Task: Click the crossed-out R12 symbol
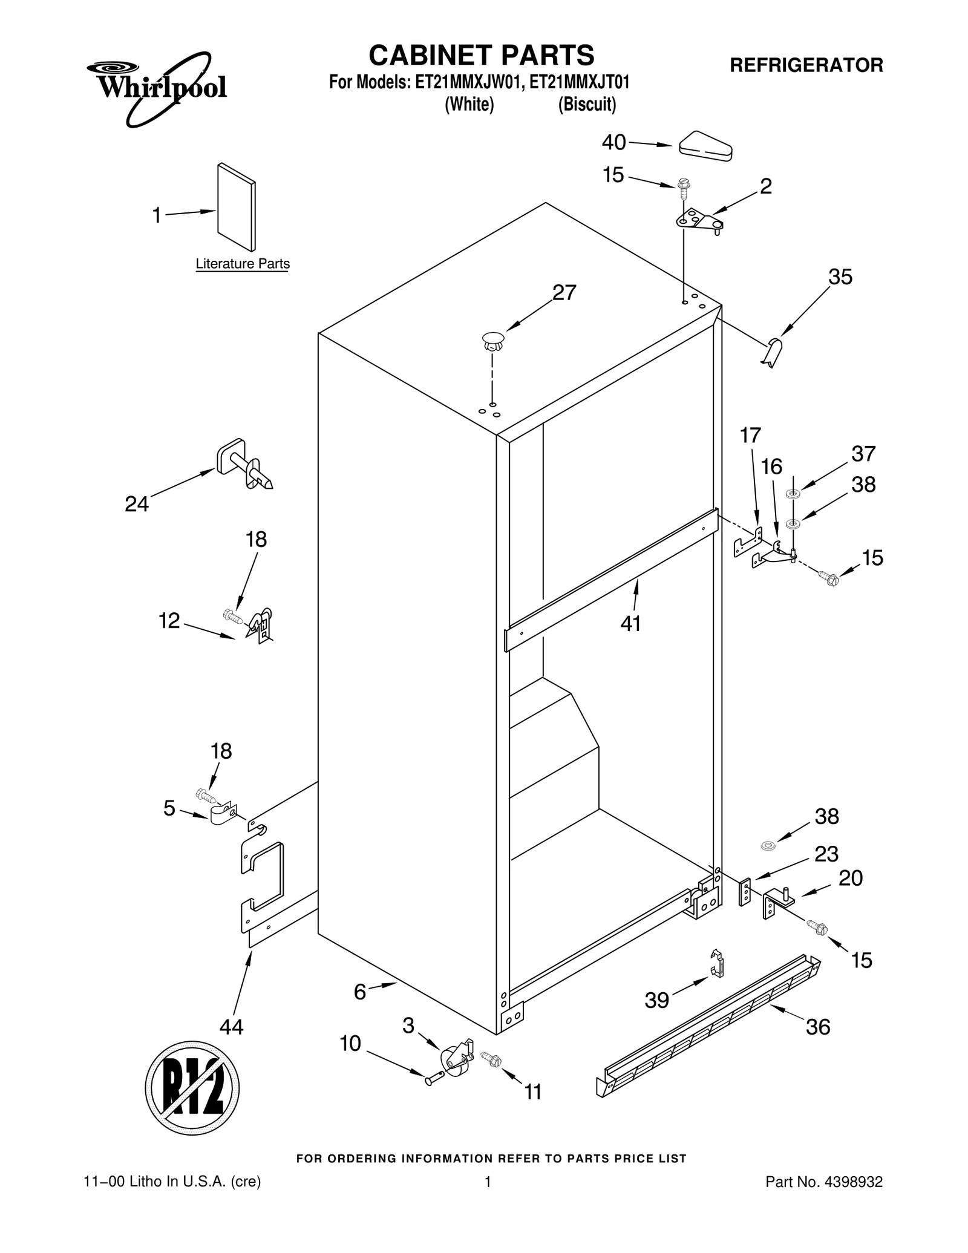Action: pos(192,1088)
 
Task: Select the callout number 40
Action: pos(613,142)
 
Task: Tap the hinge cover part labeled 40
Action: pos(705,146)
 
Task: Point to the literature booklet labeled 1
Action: pos(236,207)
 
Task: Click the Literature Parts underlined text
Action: pos(243,264)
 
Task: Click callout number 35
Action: pos(840,276)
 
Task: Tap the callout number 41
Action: pos(630,623)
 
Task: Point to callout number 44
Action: pos(231,1026)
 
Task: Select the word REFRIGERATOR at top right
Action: pos(806,65)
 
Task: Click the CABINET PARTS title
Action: pos(482,55)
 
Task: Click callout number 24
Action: pos(136,503)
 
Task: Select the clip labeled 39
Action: pos(716,963)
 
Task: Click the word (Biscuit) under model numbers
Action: pos(586,105)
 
